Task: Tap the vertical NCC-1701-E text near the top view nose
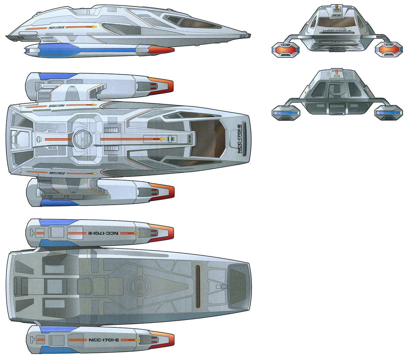239,139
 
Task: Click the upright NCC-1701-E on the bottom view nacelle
104,340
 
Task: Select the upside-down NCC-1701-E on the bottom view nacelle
104,233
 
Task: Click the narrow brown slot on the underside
198,286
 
